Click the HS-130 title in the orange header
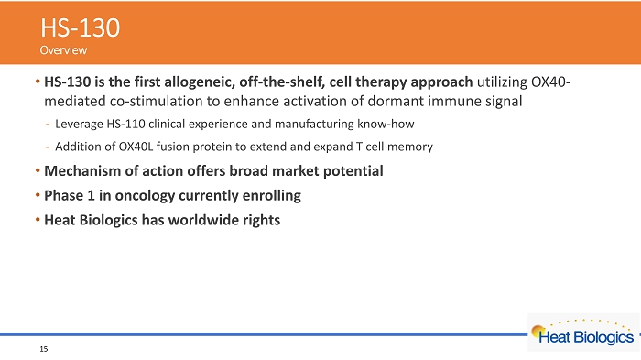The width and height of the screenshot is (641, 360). pos(81,27)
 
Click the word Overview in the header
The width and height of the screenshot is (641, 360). pos(63,50)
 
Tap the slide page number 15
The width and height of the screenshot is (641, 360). pos(44,349)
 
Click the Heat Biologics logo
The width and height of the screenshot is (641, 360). pos(583,333)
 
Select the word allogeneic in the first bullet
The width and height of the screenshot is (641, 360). pos(200,82)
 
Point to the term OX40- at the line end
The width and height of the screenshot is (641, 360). pos(550,82)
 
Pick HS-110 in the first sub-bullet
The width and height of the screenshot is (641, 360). pos(126,124)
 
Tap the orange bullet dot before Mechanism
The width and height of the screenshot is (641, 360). pos(38,170)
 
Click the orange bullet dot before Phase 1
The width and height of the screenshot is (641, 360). pos(38,195)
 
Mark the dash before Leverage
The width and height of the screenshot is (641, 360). pos(48,125)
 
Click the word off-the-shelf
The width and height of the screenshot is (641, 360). pos(282,82)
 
